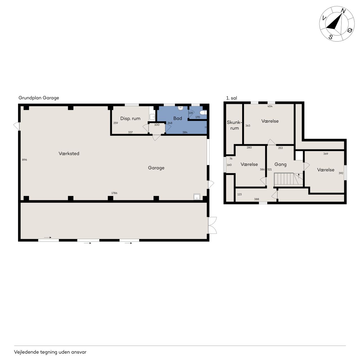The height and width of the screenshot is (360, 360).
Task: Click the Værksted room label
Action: click(x=69, y=154)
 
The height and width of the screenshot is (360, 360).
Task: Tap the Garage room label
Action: click(x=156, y=168)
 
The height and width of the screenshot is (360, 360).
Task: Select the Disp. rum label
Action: click(x=130, y=118)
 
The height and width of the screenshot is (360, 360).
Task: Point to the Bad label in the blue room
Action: click(x=177, y=118)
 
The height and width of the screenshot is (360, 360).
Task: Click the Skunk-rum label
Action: click(x=234, y=125)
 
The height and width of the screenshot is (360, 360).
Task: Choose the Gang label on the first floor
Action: click(x=280, y=165)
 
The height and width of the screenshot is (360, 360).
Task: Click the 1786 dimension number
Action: click(x=114, y=193)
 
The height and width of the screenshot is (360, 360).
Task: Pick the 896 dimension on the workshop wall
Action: click(x=24, y=160)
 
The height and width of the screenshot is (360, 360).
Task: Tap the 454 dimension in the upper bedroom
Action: click(x=270, y=106)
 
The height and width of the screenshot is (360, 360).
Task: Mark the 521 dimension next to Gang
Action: click(x=270, y=169)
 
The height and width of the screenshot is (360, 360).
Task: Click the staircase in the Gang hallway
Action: click(x=289, y=180)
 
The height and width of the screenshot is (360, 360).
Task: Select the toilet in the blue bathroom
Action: click(x=203, y=112)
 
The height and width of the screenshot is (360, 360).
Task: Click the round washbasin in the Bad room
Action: click(x=181, y=108)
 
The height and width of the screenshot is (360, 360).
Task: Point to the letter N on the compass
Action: click(x=343, y=11)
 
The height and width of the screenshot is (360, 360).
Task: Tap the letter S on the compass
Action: click(x=330, y=37)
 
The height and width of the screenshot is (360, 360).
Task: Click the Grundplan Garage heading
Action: click(x=39, y=98)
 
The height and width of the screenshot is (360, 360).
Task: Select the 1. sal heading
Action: click(x=231, y=98)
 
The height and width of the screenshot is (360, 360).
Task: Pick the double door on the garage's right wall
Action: click(x=212, y=225)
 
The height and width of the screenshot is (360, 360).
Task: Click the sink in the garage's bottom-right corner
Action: click(x=197, y=197)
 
